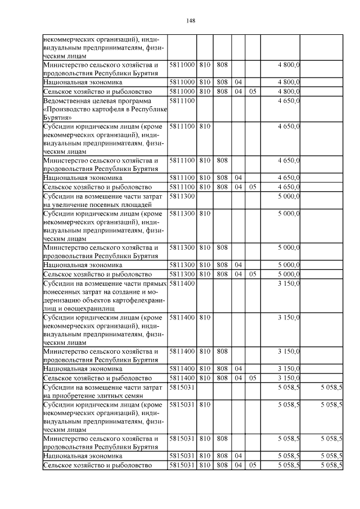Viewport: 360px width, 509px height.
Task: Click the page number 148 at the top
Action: pos(190,21)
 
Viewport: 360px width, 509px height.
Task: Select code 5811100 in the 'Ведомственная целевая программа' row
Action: pos(182,101)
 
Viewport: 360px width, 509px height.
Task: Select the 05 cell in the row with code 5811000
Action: pos(253,91)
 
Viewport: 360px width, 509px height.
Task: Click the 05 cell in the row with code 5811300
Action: pos(253,274)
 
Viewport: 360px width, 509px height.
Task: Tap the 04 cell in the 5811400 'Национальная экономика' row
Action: pos(238,370)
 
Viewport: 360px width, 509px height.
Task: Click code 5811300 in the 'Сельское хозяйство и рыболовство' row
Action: pos(182,274)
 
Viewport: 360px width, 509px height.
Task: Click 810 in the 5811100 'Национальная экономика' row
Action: pos(205,178)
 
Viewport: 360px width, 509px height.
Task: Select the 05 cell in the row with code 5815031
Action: pos(253,466)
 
